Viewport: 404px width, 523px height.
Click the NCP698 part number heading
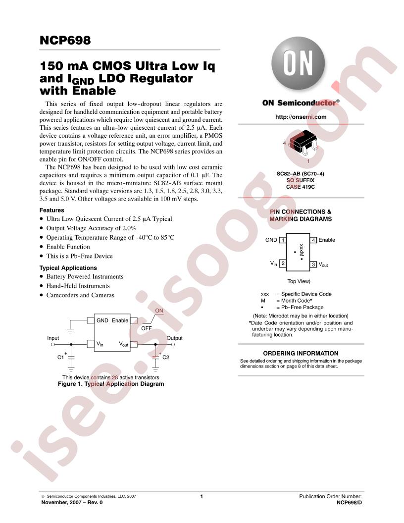65,40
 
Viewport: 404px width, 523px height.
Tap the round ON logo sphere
298,63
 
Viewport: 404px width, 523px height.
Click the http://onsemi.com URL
301,117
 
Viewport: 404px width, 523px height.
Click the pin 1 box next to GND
282,240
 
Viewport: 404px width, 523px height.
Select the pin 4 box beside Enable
313,240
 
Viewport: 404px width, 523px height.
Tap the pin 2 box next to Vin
282,263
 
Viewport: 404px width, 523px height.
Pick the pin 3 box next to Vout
313,264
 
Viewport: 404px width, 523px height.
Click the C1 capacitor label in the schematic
61,357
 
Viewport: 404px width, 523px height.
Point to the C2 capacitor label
166,357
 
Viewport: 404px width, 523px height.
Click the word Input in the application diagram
53,338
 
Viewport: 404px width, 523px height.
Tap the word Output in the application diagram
175,338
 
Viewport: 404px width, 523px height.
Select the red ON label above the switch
159,311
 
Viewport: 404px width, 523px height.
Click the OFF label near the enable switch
147,328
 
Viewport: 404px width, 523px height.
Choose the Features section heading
51,210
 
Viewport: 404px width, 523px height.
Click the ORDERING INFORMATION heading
301,353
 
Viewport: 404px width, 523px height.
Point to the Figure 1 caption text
111,384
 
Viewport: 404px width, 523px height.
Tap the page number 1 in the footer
202,496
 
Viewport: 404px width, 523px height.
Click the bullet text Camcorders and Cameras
80,295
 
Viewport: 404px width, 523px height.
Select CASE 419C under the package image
301,187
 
